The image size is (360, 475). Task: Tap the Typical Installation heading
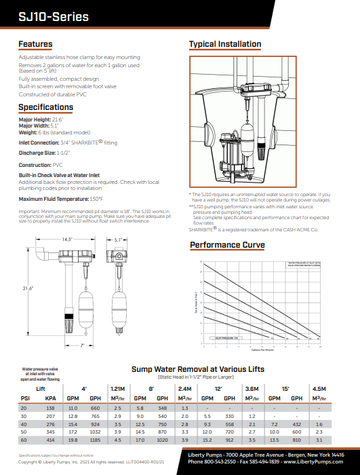[224, 45]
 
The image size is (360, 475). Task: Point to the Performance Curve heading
[226, 245]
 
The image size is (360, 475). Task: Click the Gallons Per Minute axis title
[262, 351]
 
